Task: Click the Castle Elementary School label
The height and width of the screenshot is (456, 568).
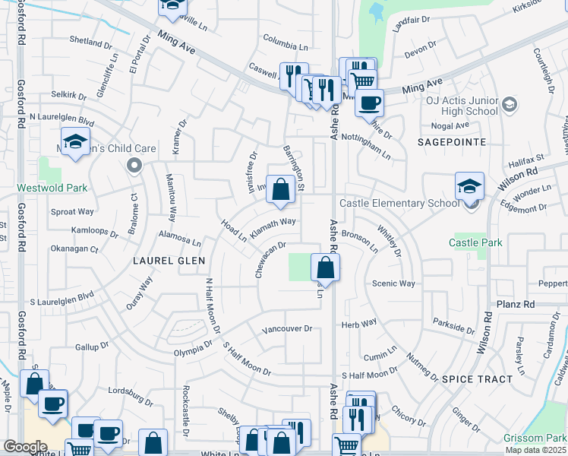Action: [x=399, y=203]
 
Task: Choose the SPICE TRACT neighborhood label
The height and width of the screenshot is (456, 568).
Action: [x=474, y=378]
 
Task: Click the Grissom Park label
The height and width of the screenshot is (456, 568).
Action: [x=535, y=438]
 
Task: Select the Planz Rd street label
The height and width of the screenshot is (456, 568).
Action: [x=519, y=304]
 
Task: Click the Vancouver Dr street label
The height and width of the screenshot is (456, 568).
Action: [x=287, y=329]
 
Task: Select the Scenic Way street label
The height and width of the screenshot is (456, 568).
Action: [x=393, y=283]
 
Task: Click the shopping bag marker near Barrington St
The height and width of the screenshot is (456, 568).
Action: [x=281, y=190]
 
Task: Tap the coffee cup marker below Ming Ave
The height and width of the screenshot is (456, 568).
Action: [x=370, y=103]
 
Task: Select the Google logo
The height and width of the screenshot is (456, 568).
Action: [x=25, y=447]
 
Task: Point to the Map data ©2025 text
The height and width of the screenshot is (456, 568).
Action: [x=535, y=450]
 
